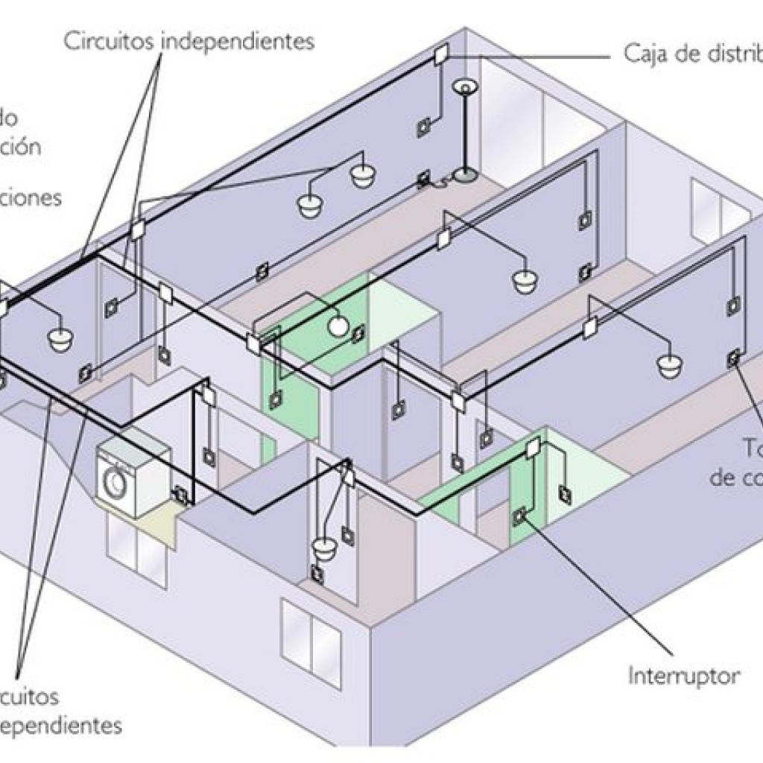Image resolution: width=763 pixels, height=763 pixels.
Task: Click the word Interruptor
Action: click(684, 677)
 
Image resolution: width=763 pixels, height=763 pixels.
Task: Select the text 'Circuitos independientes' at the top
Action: click(189, 41)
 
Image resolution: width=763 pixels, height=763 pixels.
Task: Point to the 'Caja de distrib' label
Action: click(691, 54)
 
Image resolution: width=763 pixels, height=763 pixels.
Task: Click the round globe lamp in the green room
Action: click(339, 324)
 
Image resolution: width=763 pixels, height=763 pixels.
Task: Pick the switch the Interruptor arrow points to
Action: click(519, 513)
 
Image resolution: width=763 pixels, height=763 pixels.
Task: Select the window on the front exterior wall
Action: click(311, 642)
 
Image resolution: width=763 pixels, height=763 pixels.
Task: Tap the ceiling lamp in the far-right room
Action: click(669, 364)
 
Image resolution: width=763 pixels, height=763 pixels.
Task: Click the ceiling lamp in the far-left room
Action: click(60, 339)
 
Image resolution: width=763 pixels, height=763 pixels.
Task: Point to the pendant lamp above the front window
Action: click(325, 551)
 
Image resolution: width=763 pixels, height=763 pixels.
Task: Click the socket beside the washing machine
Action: click(180, 493)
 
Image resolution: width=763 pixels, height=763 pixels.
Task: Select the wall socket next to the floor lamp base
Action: click(424, 179)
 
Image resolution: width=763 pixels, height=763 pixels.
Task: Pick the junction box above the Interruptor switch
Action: click(533, 448)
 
